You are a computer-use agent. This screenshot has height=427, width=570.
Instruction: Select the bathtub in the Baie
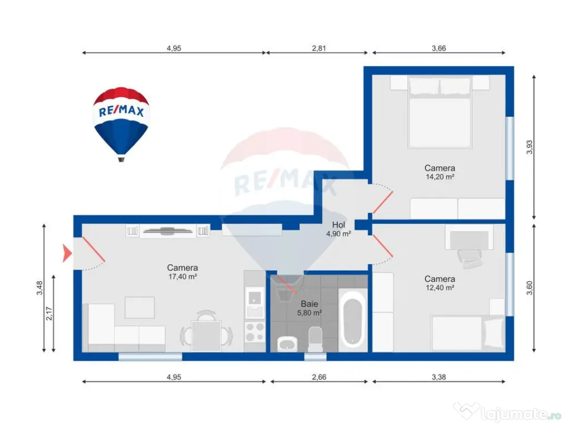[x=353, y=322]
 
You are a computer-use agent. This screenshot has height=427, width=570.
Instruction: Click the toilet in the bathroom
[x=315, y=339]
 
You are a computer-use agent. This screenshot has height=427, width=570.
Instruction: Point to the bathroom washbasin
[x=287, y=344]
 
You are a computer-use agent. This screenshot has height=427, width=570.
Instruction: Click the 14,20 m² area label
[x=440, y=177]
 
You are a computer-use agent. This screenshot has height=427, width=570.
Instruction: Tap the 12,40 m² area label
[x=440, y=287]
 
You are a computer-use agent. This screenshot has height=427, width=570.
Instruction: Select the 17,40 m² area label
[x=183, y=276]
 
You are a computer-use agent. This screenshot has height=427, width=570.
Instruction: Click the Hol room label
[x=339, y=225]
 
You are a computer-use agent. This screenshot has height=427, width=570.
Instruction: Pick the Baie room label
[x=309, y=304]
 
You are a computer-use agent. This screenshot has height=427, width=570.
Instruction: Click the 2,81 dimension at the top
[x=318, y=48]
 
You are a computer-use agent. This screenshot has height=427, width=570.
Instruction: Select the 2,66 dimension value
[x=318, y=377]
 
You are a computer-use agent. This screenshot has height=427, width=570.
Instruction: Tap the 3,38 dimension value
[x=439, y=377]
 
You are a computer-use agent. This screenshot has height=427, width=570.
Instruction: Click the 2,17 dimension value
[x=49, y=314]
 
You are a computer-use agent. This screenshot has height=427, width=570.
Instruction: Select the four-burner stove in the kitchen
[x=255, y=332]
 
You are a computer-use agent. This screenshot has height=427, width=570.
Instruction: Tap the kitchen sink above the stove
[x=254, y=303]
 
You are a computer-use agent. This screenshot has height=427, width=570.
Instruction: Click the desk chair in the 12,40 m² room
[x=470, y=257]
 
